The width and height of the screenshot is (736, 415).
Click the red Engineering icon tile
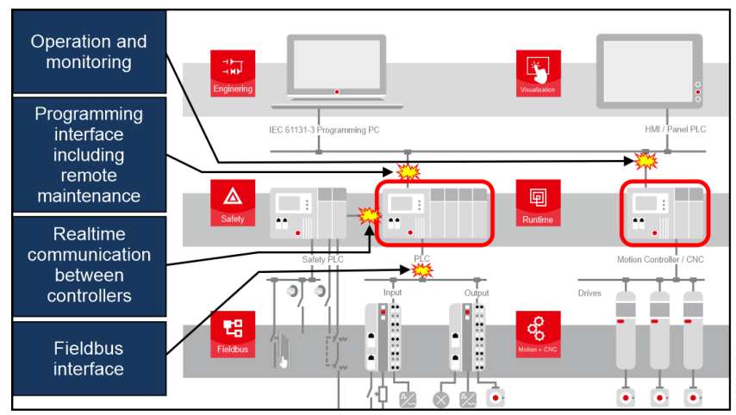(x=232, y=72)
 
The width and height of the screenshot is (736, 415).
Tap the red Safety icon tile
(x=232, y=202)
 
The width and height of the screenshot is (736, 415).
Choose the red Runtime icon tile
(x=538, y=202)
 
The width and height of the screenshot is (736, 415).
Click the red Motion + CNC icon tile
(x=538, y=334)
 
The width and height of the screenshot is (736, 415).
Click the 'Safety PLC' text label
(x=324, y=258)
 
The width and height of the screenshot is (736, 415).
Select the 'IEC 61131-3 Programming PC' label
(x=319, y=129)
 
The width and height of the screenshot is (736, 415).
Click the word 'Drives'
(x=589, y=294)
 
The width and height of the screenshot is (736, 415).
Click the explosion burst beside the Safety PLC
(x=370, y=215)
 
